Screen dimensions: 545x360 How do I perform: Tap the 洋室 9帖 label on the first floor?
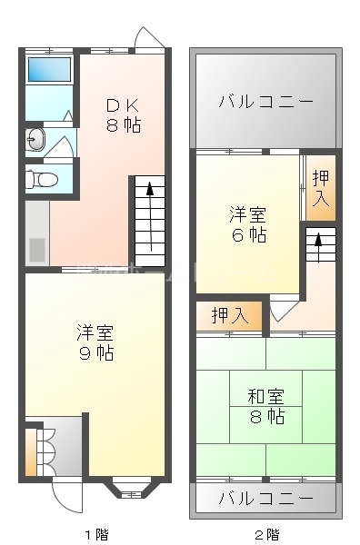pyautogui.click(x=95, y=342)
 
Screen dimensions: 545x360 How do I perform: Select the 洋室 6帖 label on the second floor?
pyautogui.click(x=246, y=224)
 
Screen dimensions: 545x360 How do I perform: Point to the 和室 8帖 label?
pyautogui.click(x=266, y=406)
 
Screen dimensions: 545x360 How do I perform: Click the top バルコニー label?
pyautogui.click(x=265, y=101)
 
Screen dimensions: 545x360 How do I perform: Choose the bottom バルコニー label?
pyautogui.click(x=265, y=498)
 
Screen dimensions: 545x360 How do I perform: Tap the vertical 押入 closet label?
pyautogui.click(x=320, y=188)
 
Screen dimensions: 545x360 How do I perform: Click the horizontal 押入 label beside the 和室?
pyautogui.click(x=229, y=316)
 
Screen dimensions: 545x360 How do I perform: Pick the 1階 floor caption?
pyautogui.click(x=96, y=534)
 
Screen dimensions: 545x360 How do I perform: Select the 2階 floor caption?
pyautogui.click(x=266, y=534)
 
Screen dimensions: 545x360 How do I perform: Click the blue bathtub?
pyautogui.click(x=48, y=69)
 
